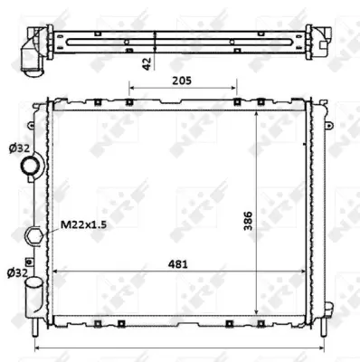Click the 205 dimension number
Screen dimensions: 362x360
pos(183,79)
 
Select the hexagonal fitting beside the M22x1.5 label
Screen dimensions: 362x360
pos(35,235)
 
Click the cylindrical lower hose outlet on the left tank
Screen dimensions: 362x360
pos(33,291)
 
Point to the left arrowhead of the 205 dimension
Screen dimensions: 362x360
pos(132,88)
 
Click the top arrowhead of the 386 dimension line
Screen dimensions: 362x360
pos(259,117)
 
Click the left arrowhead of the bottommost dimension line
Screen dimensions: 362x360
pos(36,348)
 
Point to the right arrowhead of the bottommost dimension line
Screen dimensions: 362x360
pos(322,348)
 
